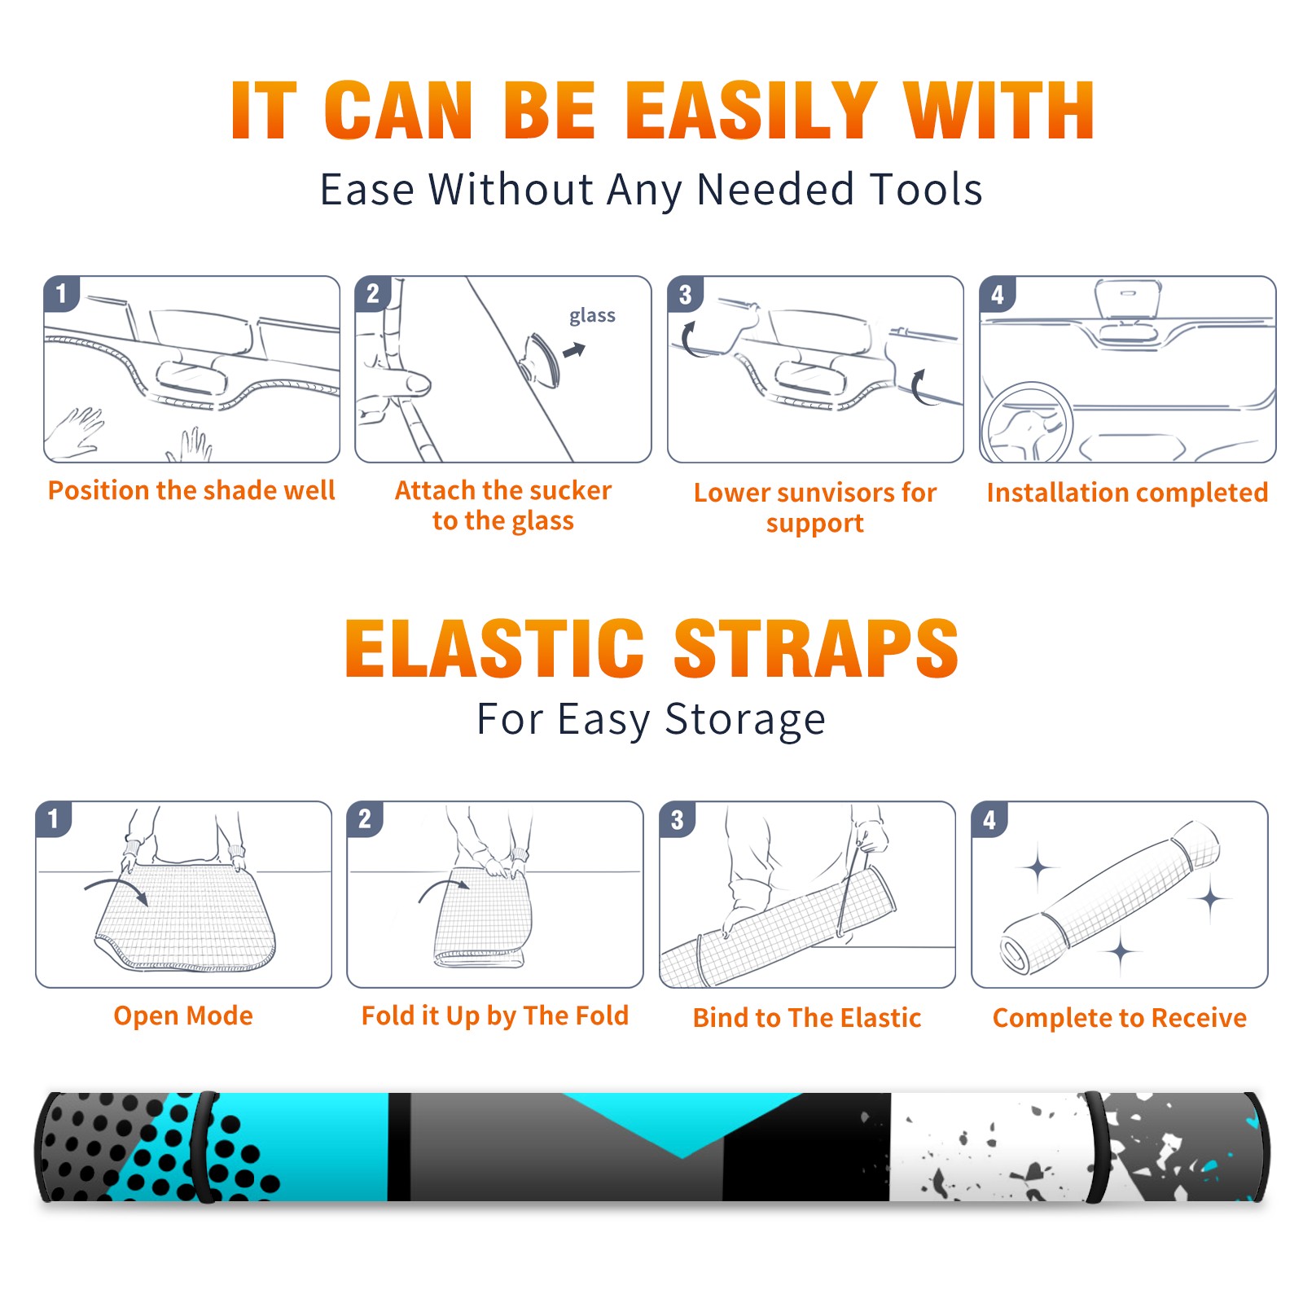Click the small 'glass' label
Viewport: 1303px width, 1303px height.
click(592, 316)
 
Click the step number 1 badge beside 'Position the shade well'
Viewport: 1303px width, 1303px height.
click(61, 293)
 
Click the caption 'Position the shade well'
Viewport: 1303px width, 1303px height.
click(191, 490)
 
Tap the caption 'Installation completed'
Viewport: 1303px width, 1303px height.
click(1127, 492)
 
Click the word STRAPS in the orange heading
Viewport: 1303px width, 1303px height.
click(816, 648)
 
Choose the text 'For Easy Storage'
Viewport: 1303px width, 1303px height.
click(651, 719)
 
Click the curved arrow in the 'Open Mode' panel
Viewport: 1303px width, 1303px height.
click(116, 888)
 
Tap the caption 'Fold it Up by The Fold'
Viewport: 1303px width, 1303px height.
click(495, 1016)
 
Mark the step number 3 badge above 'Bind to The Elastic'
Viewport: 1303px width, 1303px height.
click(678, 819)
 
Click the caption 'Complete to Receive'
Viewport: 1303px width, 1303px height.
click(1120, 1018)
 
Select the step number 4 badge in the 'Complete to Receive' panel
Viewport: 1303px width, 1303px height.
click(989, 819)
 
